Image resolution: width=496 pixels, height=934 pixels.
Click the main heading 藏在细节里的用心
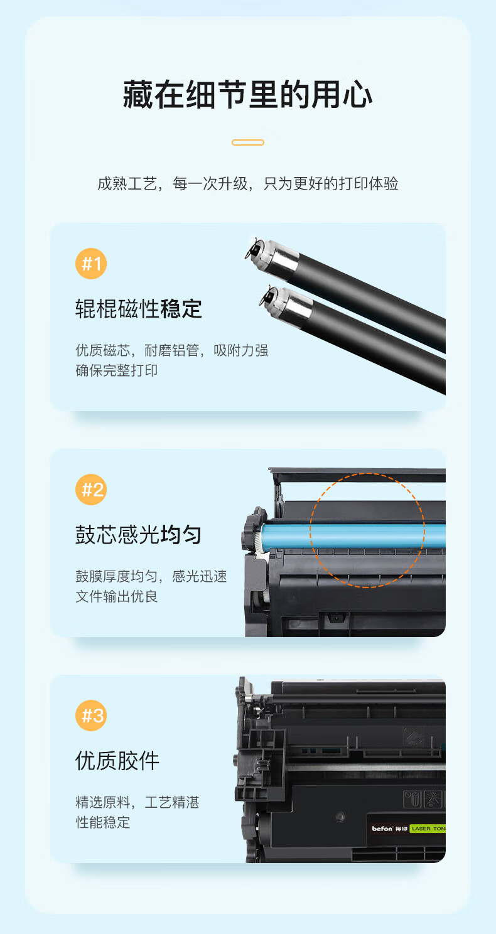click(x=247, y=95)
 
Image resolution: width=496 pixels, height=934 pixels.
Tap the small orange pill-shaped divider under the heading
click(x=248, y=142)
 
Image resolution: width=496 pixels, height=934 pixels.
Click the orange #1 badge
click(x=91, y=264)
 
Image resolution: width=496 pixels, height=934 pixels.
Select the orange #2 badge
click(x=91, y=490)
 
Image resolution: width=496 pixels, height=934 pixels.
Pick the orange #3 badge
click(x=91, y=716)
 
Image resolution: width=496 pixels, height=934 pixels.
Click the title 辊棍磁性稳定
click(x=139, y=309)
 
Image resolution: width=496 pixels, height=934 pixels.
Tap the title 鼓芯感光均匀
click(x=139, y=535)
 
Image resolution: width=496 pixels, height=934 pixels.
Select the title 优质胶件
click(x=117, y=761)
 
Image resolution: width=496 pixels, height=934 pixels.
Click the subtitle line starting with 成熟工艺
click(x=248, y=183)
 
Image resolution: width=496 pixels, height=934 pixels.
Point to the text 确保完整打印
click(x=116, y=370)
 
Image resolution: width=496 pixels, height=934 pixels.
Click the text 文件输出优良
click(x=116, y=596)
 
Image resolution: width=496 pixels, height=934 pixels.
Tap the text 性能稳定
click(x=102, y=822)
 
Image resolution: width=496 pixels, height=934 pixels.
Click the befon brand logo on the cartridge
click(x=382, y=829)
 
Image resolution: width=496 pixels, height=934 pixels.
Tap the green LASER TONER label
click(x=428, y=829)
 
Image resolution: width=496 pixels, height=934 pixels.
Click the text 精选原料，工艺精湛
click(x=137, y=802)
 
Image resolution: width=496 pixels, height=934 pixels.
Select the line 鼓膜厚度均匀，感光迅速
click(x=151, y=576)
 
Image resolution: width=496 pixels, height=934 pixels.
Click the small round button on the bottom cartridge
click(x=340, y=817)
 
